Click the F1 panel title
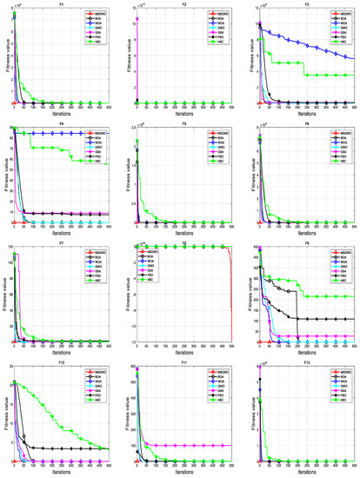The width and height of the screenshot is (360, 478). point(59,5)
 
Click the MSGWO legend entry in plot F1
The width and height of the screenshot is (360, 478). point(97,14)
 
